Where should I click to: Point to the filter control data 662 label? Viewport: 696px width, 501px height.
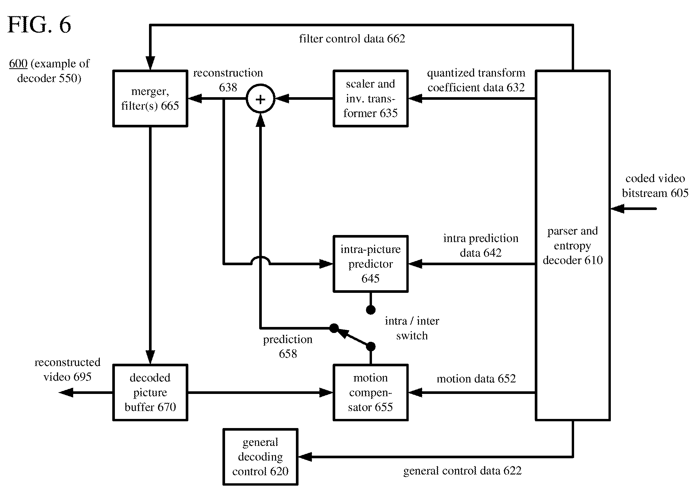tap(352, 39)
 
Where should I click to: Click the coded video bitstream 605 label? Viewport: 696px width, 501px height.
tap(655, 186)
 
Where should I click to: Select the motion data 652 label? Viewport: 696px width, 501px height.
tap(476, 379)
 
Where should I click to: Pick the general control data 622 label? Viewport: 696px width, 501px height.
tap(462, 471)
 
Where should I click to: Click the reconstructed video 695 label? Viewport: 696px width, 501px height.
tap(67, 369)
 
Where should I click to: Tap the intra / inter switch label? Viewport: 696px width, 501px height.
tap(412, 328)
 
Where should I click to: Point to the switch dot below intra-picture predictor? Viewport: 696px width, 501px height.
tap(371, 310)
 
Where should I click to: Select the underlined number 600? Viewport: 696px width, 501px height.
tap(18, 64)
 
